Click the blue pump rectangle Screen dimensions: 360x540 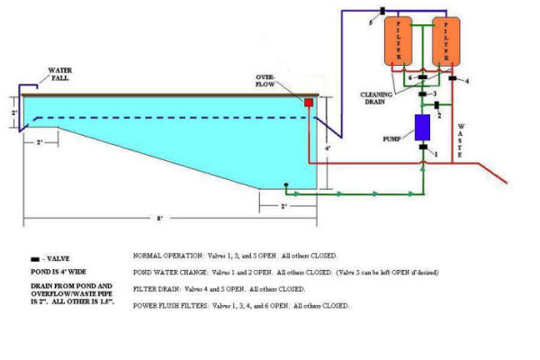(421, 128)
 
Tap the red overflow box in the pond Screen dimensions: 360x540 (308, 103)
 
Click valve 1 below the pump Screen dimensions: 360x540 (424, 154)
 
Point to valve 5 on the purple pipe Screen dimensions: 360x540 (382, 11)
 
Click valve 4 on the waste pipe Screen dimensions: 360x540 (454, 79)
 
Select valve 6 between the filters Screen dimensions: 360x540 (421, 77)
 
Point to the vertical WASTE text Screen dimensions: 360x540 (461, 135)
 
